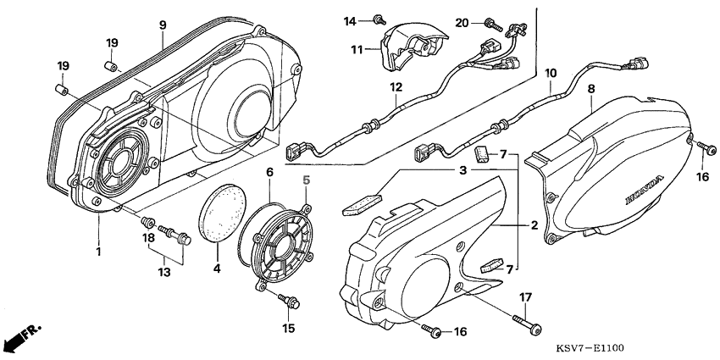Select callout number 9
162,25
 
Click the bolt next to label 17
528,322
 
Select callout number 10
551,73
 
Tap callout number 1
98,252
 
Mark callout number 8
590,88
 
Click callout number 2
534,225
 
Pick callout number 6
269,172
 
